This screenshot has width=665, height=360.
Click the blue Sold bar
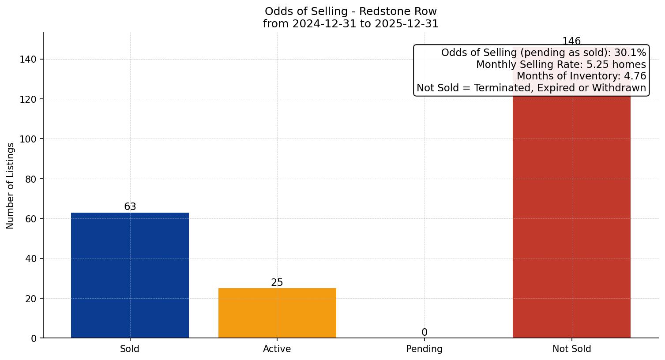coord(130,275)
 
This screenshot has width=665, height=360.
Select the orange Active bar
coord(277,313)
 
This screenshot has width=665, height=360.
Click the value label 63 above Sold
coord(130,206)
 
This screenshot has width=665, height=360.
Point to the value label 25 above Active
coord(277,282)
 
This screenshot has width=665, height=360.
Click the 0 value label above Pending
coord(425,332)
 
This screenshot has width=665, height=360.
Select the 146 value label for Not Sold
coord(571,41)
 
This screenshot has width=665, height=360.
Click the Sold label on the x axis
coord(130,349)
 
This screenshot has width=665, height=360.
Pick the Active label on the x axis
coord(277,349)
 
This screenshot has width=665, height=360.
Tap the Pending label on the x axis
coord(425,349)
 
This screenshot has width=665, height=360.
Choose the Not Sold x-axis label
coord(571,349)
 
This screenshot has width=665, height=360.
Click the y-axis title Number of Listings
coord(11,186)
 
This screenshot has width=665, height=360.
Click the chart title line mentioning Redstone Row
coord(351,11)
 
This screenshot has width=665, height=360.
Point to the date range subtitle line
coord(351,24)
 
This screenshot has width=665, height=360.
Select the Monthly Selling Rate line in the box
coord(561,64)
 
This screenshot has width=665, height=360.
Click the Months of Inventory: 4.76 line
coord(581,76)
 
